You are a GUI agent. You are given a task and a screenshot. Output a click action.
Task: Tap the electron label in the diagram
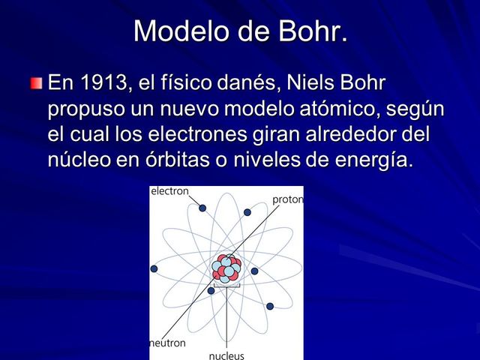point(170,192)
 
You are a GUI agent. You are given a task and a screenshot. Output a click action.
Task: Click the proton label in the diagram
point(287,199)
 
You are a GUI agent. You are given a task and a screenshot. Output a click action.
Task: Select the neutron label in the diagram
point(167,342)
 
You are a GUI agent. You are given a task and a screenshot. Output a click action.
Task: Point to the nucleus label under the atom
point(226,355)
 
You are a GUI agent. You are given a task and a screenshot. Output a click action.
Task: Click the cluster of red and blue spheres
point(226,267)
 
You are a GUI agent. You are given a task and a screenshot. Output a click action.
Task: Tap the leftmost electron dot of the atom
point(154,268)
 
